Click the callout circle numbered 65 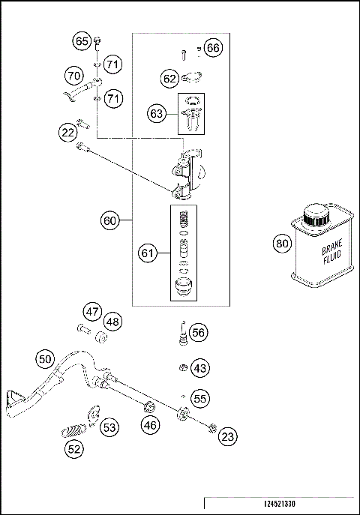[82, 41]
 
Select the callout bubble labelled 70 [73, 76]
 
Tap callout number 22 [68, 133]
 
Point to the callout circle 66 [214, 48]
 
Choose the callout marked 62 [170, 77]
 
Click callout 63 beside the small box [157, 114]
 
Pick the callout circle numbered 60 [110, 220]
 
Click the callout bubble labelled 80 [281, 243]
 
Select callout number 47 [91, 311]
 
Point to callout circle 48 [112, 322]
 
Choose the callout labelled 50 [46, 359]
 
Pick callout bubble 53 [110, 427]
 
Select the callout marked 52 [74, 449]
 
